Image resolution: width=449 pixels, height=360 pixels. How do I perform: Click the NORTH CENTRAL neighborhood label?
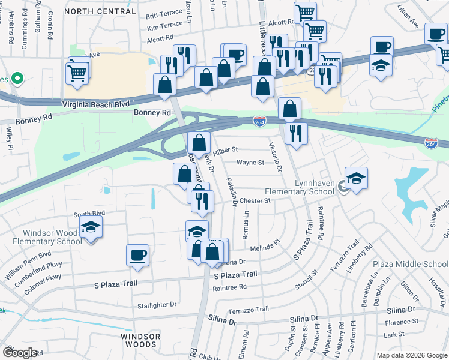pos(100,11)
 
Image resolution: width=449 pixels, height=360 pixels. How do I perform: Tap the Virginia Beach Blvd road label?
pos(96,104)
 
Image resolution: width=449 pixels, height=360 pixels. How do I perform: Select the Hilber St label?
pos(226,149)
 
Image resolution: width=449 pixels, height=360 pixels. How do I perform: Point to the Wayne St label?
pos(250,163)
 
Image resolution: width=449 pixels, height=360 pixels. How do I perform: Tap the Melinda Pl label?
pos(265,246)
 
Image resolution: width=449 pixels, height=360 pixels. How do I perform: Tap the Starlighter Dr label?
pos(157,305)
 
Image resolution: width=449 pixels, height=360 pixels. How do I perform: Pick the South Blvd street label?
pos(89,213)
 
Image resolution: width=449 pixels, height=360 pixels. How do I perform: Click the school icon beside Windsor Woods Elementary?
pos(91,227)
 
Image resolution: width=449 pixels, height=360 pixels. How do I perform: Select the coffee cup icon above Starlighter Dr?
pos(138,254)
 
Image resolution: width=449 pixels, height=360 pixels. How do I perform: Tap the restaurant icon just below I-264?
pos(296,133)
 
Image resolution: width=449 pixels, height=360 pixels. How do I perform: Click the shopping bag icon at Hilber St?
pos(199,143)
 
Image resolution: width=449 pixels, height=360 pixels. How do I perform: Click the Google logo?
pos(20,352)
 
